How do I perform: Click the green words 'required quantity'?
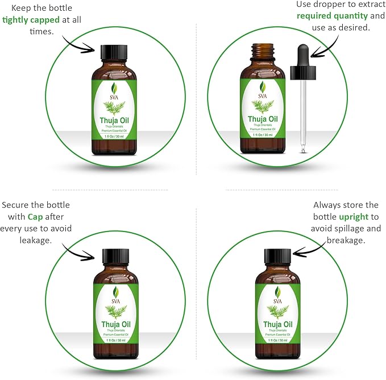pyautogui.click(x=330, y=16)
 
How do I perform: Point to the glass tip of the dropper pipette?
pyautogui.click(x=303, y=149)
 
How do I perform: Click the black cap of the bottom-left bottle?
pyautogui.click(x=115, y=257)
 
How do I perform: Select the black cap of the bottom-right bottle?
pyautogui.click(x=278, y=257)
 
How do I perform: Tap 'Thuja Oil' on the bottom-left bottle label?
pyautogui.click(x=115, y=324)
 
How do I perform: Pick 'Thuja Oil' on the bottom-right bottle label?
pyautogui.click(x=278, y=324)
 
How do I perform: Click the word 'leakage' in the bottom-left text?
pyautogui.click(x=34, y=241)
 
